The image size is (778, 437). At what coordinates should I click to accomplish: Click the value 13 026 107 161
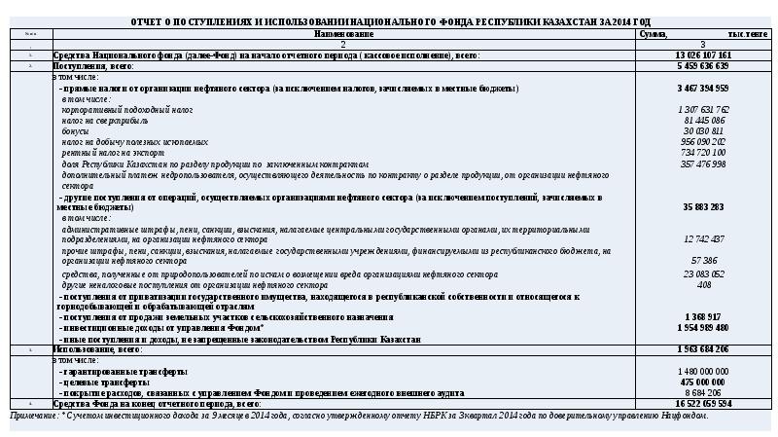coord(702,55)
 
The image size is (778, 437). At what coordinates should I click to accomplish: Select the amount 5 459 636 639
coord(702,65)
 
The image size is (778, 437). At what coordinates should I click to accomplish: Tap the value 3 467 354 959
coord(702,88)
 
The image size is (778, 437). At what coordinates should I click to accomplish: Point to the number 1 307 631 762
coord(702,109)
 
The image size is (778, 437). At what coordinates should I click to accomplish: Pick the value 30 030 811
coord(702,130)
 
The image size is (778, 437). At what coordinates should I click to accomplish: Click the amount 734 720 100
coord(702,152)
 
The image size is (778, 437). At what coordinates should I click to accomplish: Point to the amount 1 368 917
coord(702,317)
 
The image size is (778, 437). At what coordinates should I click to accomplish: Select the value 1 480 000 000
coord(702,372)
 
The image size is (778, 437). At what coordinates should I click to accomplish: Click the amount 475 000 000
coord(702,382)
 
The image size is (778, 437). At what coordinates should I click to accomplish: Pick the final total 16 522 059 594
coord(702,403)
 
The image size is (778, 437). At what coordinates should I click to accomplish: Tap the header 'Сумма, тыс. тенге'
coord(702,33)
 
